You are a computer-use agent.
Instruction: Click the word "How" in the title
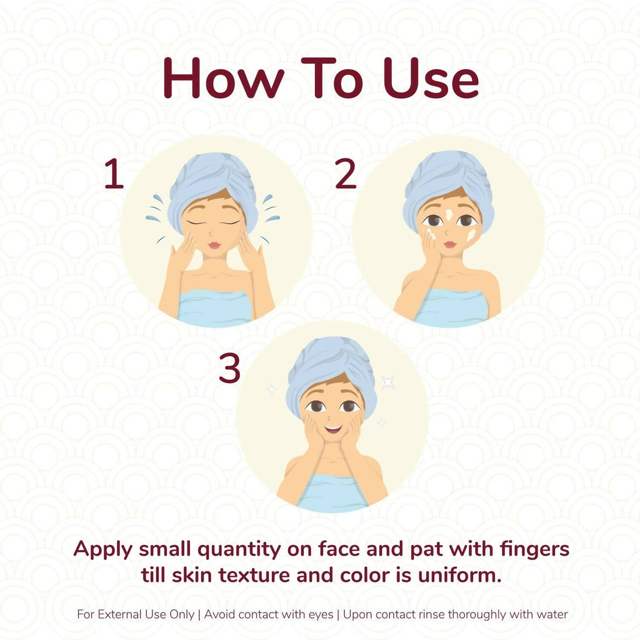pos(224,78)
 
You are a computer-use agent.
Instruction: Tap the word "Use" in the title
pos(431,78)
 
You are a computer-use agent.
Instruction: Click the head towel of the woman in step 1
pos(212,184)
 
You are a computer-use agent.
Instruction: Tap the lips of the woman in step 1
pos(214,245)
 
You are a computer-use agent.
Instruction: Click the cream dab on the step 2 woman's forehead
pos(449,215)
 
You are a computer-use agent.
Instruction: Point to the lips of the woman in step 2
pos(450,244)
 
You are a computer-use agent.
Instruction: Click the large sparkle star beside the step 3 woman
pos(387,382)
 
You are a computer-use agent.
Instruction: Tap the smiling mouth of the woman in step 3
pos(333,429)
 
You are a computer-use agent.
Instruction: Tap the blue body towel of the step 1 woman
pos(214,308)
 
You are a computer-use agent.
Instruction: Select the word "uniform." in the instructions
pos(459,575)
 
